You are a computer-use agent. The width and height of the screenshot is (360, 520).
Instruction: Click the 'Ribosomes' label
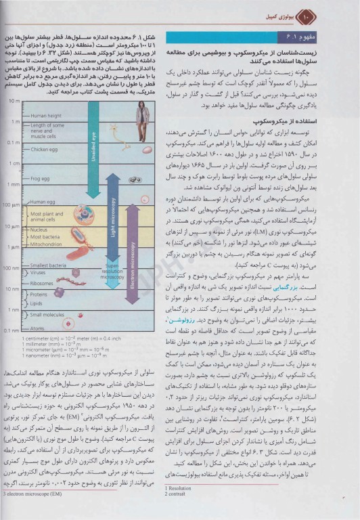pos(42,283)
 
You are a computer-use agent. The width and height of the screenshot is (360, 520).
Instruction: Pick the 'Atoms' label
pos(37,328)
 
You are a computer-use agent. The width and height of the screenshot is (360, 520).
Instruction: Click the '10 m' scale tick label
pos(14,100)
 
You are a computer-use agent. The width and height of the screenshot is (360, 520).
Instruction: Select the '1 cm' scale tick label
pos(14,164)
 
